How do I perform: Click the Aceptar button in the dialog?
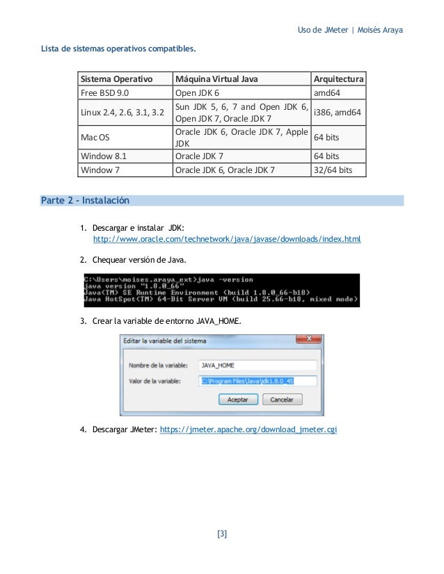click(238, 400)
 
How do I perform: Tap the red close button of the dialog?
click(308, 341)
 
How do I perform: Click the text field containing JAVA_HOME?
click(257, 365)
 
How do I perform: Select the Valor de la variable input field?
click(257, 381)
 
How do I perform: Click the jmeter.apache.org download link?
click(248, 429)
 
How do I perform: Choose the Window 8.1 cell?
click(104, 156)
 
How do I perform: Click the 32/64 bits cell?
click(333, 169)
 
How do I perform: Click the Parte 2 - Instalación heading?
click(86, 201)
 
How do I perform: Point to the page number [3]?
click(222, 534)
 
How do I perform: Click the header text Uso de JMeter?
click(322, 31)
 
